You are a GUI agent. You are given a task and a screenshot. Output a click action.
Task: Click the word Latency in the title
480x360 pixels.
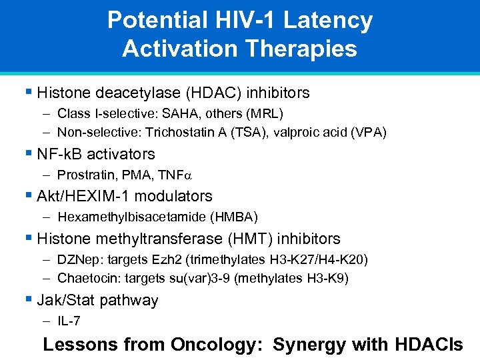point(327,21)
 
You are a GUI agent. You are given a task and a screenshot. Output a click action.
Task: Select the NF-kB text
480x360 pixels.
point(62,154)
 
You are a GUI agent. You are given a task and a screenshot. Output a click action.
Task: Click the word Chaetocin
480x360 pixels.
point(83,277)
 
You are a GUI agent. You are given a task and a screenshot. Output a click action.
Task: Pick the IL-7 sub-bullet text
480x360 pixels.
point(69,321)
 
